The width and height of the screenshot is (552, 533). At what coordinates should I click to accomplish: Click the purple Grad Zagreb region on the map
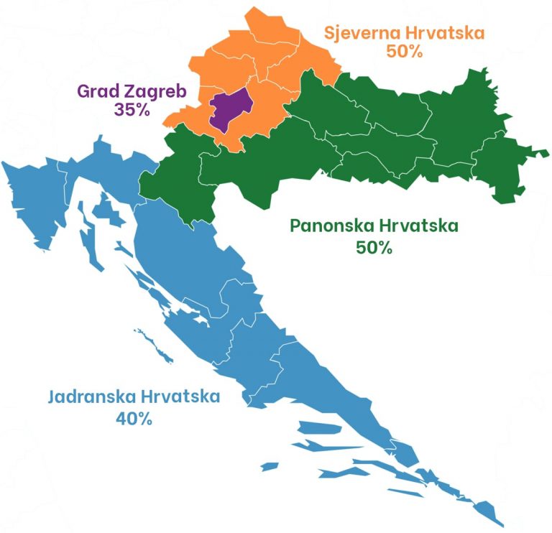pyautogui.click(x=229, y=110)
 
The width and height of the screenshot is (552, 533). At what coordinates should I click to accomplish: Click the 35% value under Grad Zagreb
pyautogui.click(x=131, y=110)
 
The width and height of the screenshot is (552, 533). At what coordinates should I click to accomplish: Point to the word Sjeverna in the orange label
pyautogui.click(x=359, y=33)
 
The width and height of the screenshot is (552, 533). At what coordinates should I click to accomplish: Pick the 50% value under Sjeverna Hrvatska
pyautogui.click(x=404, y=52)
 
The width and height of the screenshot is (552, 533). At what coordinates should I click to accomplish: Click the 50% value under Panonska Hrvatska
pyautogui.click(x=374, y=247)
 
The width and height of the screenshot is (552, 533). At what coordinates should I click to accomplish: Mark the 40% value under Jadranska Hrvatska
pyautogui.click(x=133, y=418)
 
